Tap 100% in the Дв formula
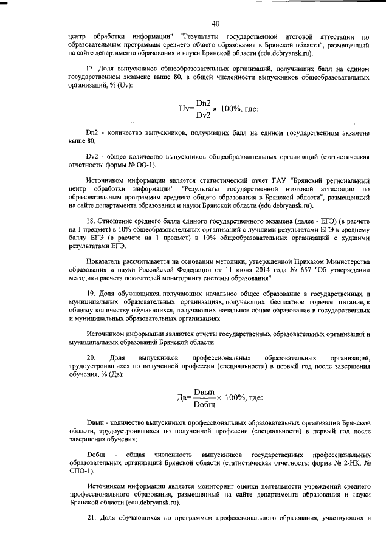pos(236,397)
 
